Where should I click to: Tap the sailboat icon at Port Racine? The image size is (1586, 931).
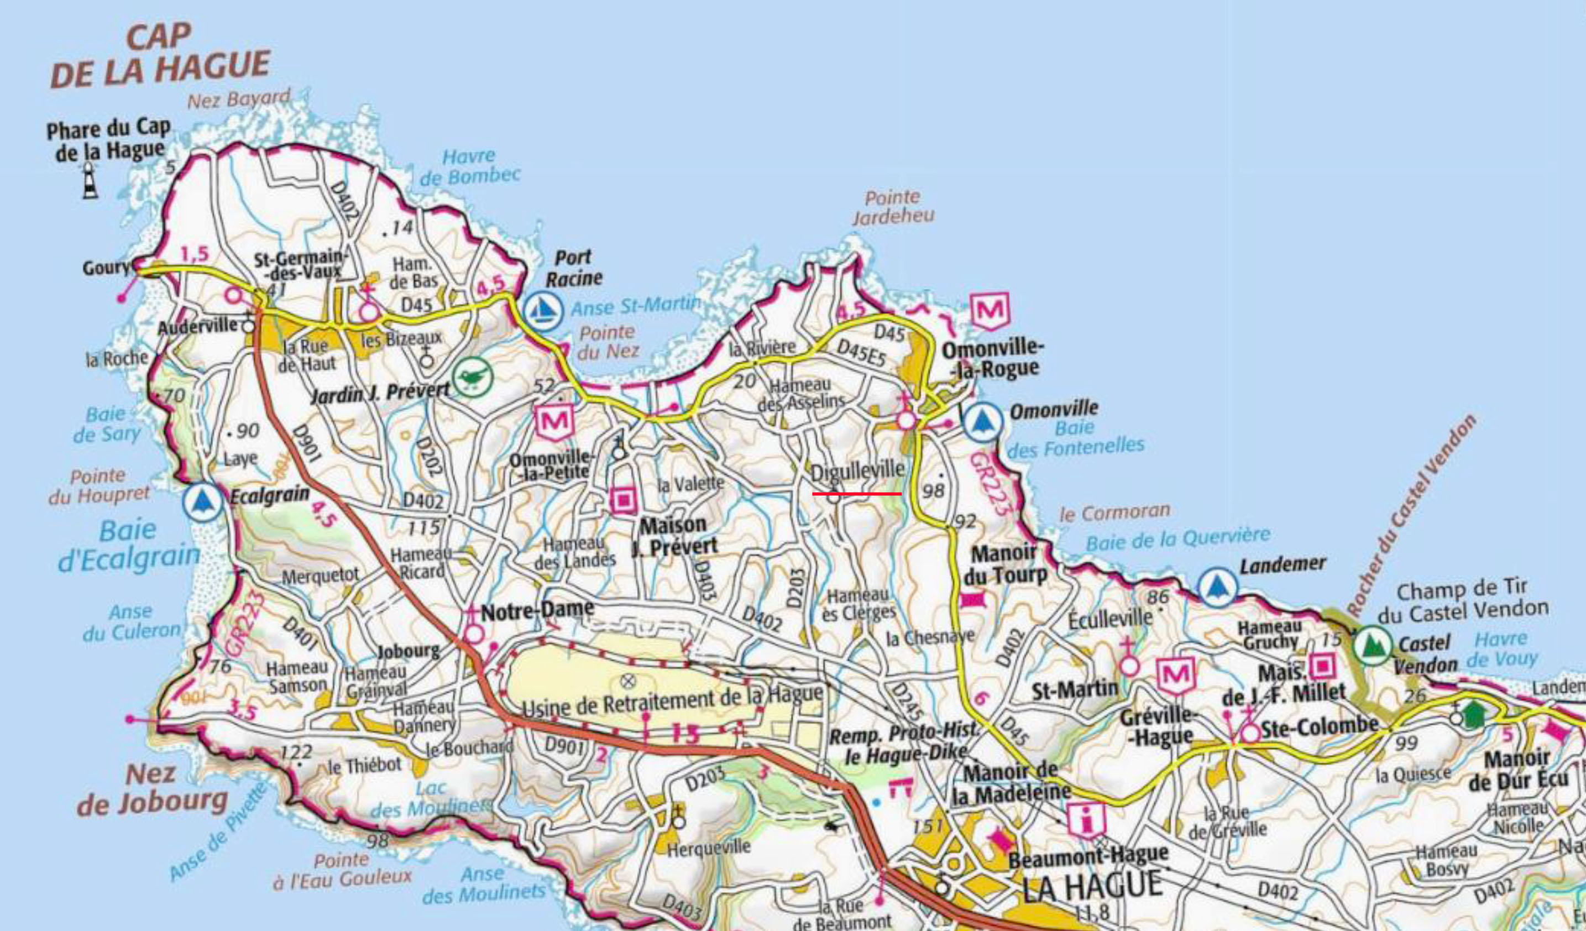(x=543, y=310)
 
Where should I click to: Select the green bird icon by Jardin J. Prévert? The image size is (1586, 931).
(x=472, y=377)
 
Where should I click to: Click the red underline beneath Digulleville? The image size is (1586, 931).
(x=856, y=494)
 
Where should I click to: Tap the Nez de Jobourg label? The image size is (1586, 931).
(x=153, y=789)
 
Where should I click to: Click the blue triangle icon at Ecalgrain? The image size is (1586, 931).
(x=203, y=503)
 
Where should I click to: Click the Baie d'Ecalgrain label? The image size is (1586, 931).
(x=129, y=544)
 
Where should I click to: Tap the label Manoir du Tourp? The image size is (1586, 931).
(x=1004, y=564)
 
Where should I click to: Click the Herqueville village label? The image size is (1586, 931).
(x=709, y=848)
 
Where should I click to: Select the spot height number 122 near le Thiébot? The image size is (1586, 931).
(x=296, y=751)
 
